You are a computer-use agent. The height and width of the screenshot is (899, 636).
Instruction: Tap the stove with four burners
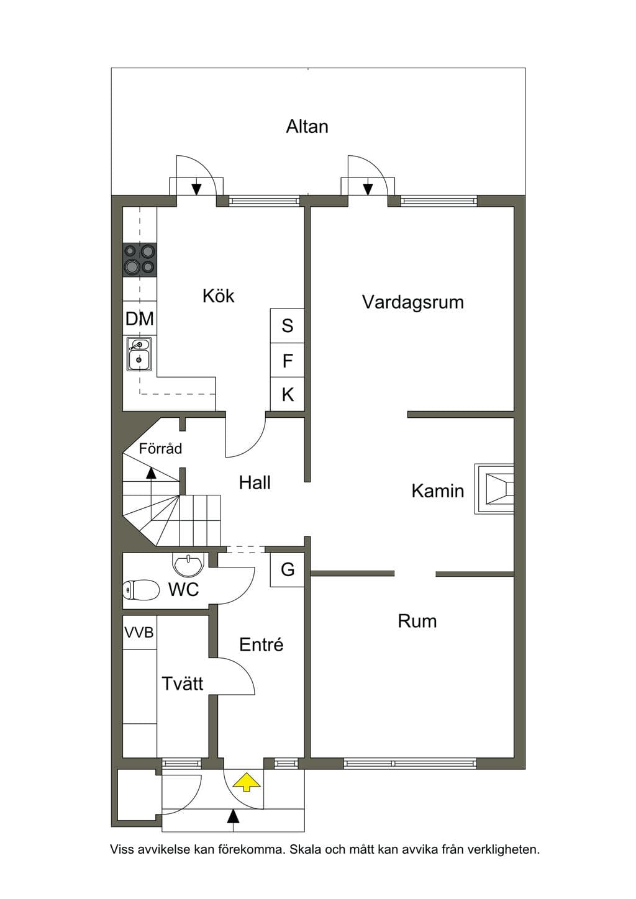pos(140,260)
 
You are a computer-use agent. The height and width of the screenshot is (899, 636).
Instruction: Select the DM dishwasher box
pos(140,318)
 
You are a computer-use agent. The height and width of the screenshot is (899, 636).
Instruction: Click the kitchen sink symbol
pos(139,354)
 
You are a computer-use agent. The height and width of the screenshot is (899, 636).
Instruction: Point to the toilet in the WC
pos(141,590)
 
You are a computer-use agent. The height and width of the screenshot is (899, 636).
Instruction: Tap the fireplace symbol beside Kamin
pos(494,489)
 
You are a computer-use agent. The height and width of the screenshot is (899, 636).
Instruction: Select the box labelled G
pos(287,569)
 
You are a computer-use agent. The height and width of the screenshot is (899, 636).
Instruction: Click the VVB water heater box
pos(140,633)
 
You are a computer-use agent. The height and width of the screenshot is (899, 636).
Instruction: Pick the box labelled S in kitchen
pos(287,325)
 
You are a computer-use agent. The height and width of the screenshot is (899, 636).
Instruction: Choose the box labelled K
pos(287,394)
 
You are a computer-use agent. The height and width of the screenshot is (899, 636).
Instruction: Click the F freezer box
pos(287,360)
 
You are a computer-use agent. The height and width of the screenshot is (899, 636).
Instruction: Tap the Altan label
pos(307,127)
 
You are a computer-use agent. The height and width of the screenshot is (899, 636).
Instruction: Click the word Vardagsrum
pos(413,302)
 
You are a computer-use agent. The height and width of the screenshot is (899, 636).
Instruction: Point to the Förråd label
pos(160,448)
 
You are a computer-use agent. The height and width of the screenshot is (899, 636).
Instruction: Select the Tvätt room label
pos(182,683)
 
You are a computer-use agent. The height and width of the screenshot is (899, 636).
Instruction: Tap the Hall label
pos(255,482)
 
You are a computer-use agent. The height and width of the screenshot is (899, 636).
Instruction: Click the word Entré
pos(261,644)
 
